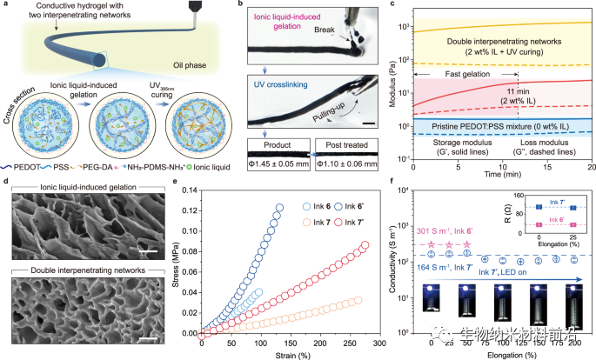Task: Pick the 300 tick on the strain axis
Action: pos(372,333)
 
